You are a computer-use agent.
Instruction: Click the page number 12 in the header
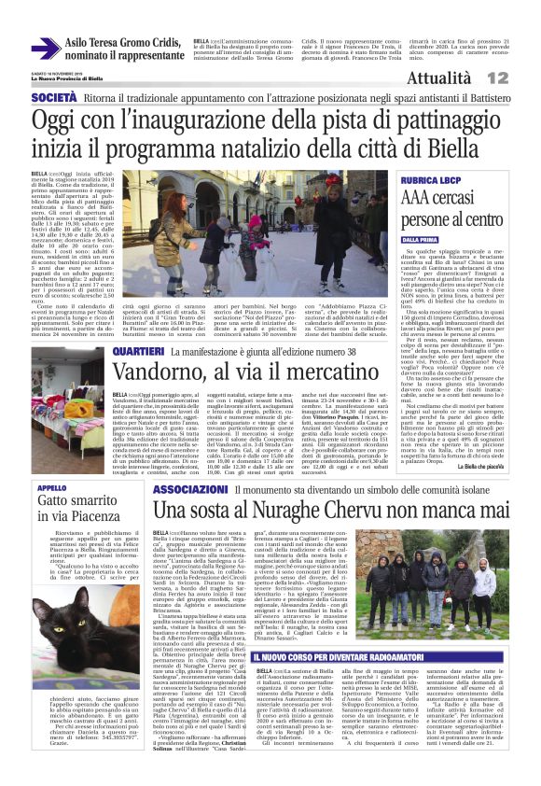pos(521,79)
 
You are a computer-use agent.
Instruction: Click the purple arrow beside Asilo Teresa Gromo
pos(45,48)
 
